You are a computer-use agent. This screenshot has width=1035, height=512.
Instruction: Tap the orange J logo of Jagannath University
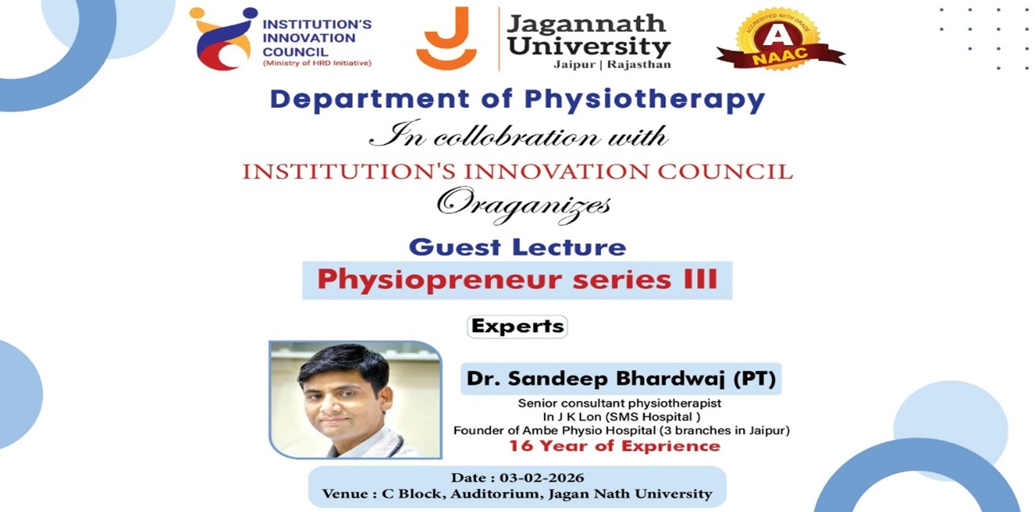(446, 39)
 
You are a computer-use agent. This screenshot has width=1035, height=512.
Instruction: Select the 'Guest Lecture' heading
(517, 246)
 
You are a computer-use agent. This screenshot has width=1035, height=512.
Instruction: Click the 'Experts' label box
(517, 326)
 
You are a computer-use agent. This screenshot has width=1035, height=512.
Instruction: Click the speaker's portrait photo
(355, 399)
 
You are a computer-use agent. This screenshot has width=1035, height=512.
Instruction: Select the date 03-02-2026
(542, 478)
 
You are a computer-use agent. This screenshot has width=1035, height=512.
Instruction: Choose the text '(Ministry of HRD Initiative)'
(317, 63)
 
